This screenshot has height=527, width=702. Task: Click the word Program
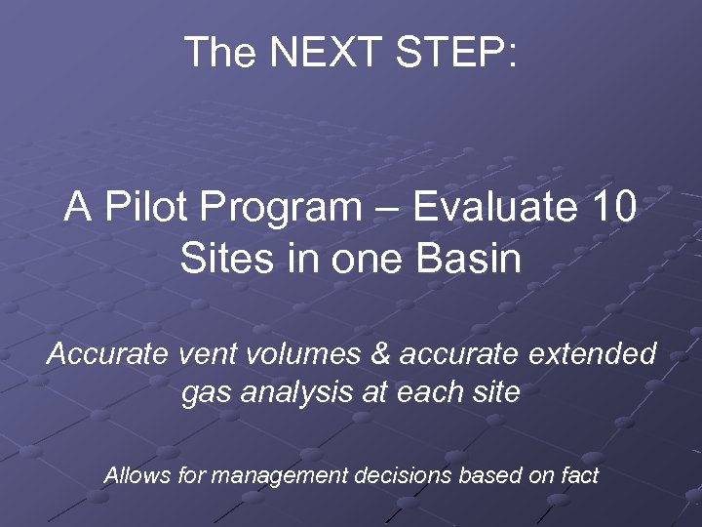(292, 208)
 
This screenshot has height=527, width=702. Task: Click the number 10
(609, 208)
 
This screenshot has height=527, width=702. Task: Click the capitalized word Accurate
(108, 353)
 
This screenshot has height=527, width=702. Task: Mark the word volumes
(295, 353)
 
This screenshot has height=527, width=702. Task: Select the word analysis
(289, 392)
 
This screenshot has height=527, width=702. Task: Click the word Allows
(136, 476)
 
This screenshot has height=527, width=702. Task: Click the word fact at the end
(578, 476)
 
